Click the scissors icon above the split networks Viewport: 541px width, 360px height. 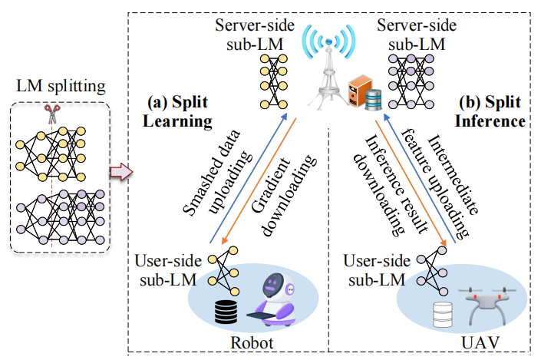pos(52,114)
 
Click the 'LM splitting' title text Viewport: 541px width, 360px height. pos(61,86)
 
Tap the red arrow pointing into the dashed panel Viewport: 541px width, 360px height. pos(121,172)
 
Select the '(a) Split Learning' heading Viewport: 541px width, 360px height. pos(177,111)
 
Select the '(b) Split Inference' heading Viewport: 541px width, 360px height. pos(490,111)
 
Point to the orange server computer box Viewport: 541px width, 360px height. pos(359,90)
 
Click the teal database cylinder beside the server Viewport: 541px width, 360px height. pos(373,100)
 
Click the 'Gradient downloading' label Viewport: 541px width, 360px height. pos(283,196)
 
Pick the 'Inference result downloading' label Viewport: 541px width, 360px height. pos(390,186)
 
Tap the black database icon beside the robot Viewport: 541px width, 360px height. pos(226,312)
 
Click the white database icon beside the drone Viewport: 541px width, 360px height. pos(443,315)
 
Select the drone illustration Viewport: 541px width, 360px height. pos(487,305)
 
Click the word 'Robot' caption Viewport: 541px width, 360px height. pos(252,343)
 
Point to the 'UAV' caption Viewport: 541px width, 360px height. pos(480,343)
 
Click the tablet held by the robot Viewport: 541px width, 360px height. pos(261,315)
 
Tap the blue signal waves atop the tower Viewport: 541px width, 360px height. pos(328,41)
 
